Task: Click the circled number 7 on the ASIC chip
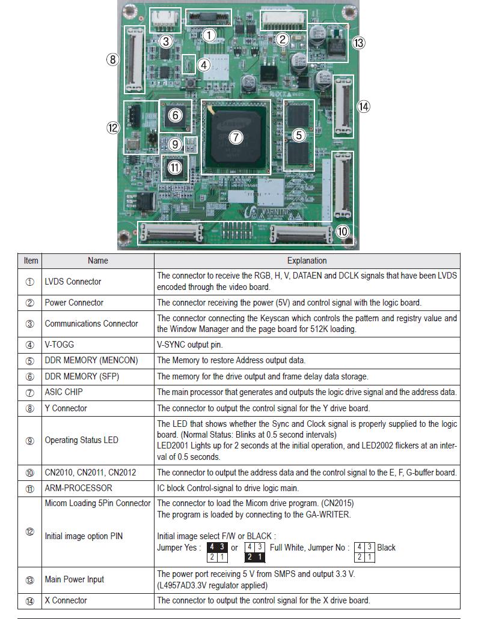pyautogui.click(x=236, y=137)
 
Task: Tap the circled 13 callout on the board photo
pyautogui.click(x=359, y=43)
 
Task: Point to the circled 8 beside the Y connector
pyautogui.click(x=112, y=59)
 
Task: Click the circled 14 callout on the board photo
pyautogui.click(x=363, y=107)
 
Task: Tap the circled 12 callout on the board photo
pyautogui.click(x=113, y=128)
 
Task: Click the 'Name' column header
pyautogui.click(x=97, y=261)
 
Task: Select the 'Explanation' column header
pyautogui.click(x=307, y=261)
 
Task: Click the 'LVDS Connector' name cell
pyautogui.click(x=73, y=282)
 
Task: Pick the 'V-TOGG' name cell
pyautogui.click(x=59, y=345)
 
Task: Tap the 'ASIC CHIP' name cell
pyautogui.click(x=64, y=392)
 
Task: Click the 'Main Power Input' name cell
pyautogui.click(x=74, y=579)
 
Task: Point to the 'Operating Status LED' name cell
pyautogui.click(x=82, y=440)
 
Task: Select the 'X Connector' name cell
pyautogui.click(x=66, y=600)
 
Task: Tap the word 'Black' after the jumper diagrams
pyautogui.click(x=386, y=548)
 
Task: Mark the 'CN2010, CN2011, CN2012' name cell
pyautogui.click(x=90, y=473)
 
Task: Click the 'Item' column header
pyautogui.click(x=31, y=261)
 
